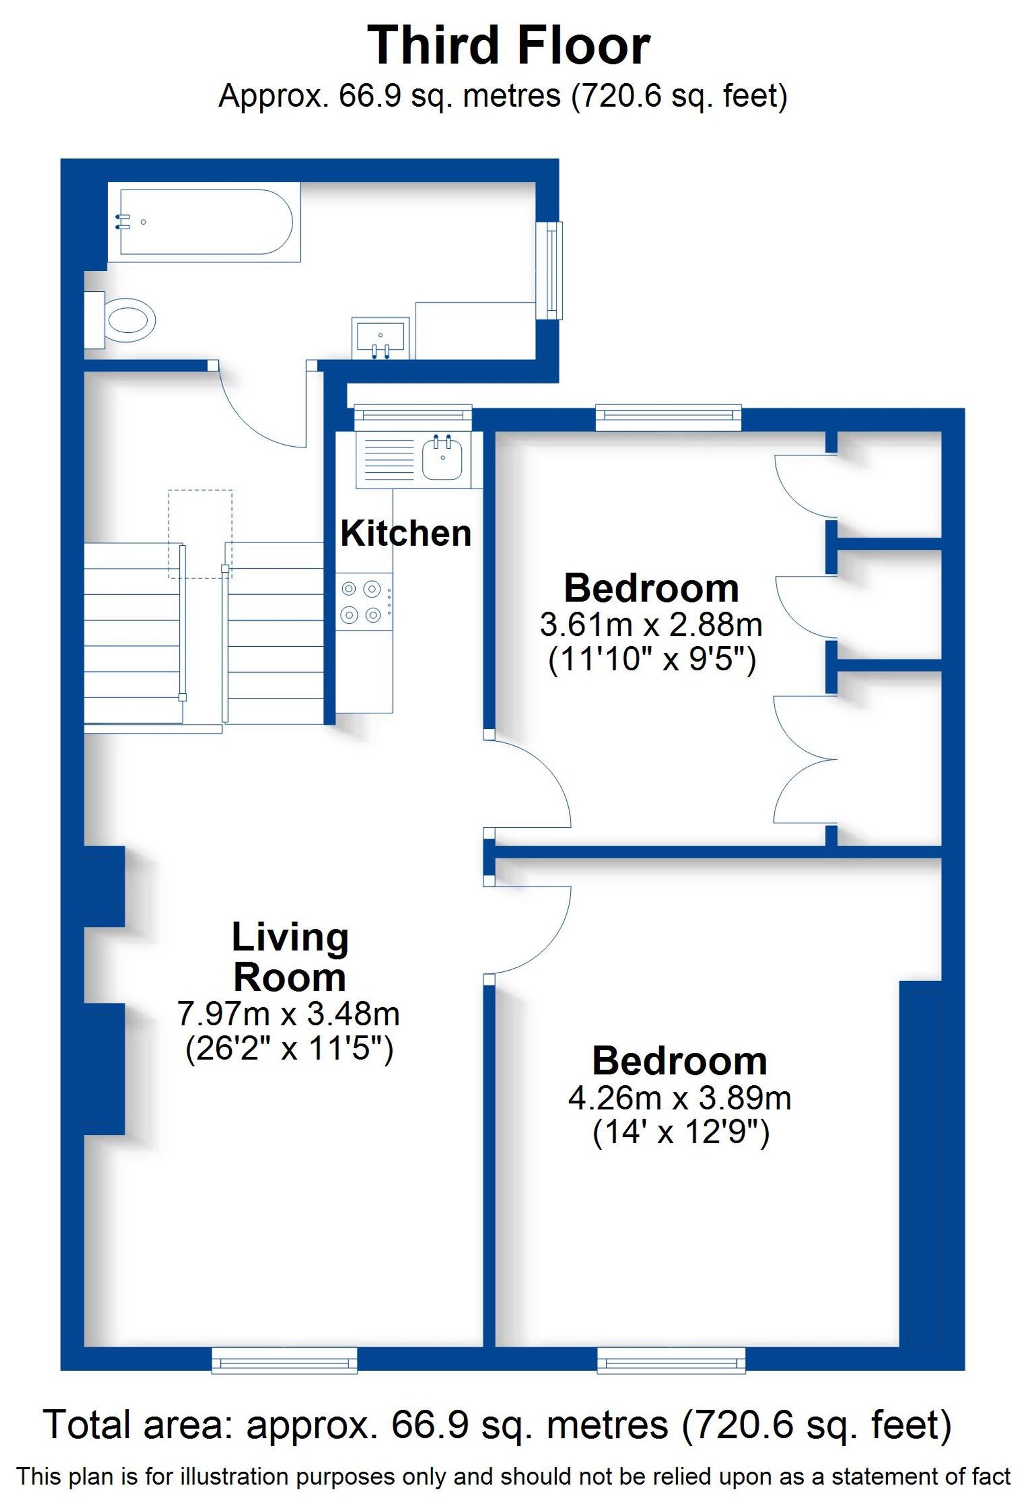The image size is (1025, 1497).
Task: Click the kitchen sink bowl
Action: tap(442, 458)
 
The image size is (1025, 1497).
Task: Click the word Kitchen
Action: tap(405, 534)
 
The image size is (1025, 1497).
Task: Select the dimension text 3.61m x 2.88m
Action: tap(651, 624)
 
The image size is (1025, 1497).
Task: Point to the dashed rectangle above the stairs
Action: tap(200, 534)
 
